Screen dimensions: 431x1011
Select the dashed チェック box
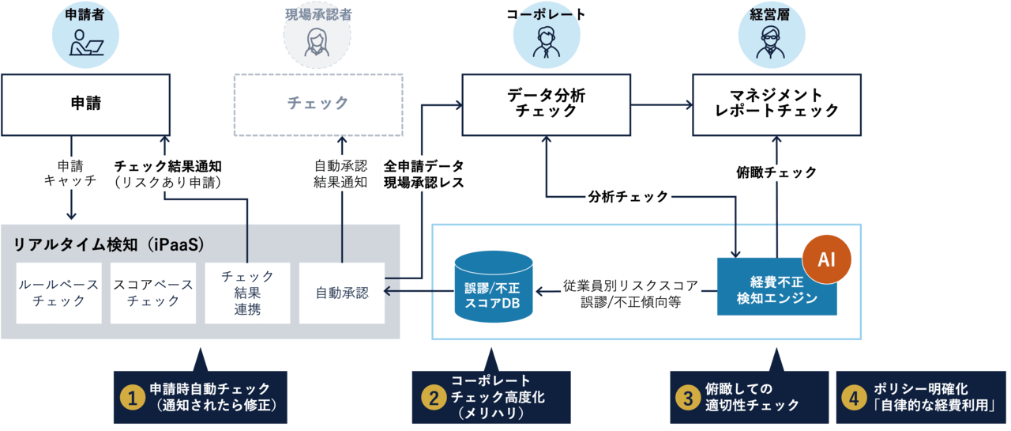coord(318,104)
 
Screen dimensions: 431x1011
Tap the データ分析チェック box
coord(546,104)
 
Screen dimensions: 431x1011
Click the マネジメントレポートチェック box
coord(776,104)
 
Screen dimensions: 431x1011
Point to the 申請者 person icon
coord(86,39)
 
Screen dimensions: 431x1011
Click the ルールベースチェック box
coord(59,293)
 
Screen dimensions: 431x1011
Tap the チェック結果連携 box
coord(247,293)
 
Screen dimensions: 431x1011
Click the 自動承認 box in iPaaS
coord(341,293)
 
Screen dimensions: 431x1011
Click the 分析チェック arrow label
coord(628,197)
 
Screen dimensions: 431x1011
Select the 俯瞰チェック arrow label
coord(776,172)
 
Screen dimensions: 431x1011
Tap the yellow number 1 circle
coord(132,399)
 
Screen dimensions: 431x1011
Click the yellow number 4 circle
coord(853,399)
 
